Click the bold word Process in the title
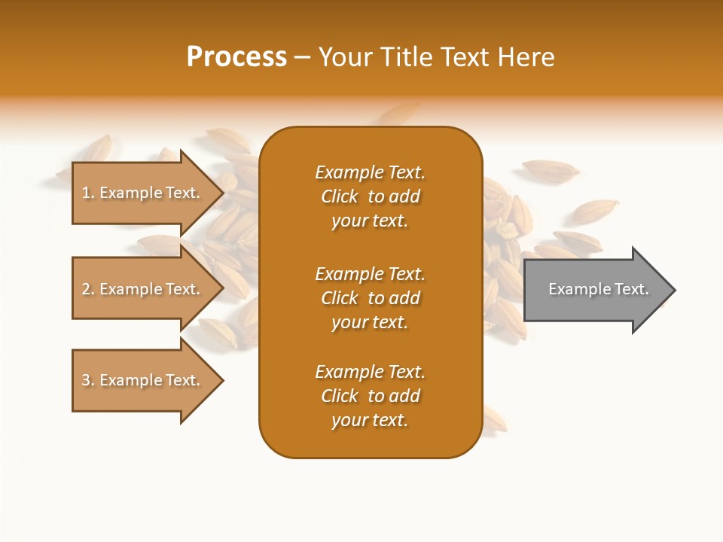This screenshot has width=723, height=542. coord(236,57)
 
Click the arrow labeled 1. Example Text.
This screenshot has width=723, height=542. coord(143,193)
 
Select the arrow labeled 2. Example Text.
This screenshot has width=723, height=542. coord(143,289)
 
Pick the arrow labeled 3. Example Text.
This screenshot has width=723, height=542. coord(143,380)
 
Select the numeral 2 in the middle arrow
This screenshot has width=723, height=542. coord(86,289)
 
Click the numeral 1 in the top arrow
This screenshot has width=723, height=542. coord(86,193)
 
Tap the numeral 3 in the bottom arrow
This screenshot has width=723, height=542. coord(86,380)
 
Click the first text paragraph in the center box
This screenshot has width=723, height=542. coord(370,196)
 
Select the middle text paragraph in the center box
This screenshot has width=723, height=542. coord(370,298)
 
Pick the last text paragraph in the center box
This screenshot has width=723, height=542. coord(370,396)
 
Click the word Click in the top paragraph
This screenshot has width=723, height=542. coord(340,196)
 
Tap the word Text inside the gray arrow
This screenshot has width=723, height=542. coord(631,289)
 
